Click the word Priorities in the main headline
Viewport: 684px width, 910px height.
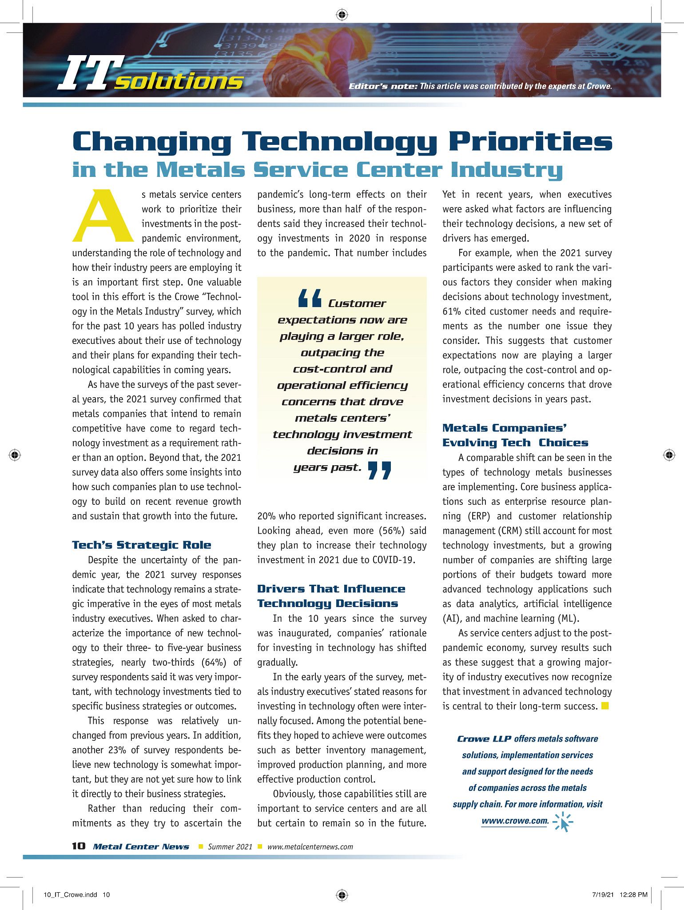pos(530,141)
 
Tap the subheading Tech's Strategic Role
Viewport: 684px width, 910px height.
pos(142,545)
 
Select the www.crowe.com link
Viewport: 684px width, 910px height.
pos(515,821)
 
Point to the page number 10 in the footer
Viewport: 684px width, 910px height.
pos(79,846)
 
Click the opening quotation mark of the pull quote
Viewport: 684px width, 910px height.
pos(310,299)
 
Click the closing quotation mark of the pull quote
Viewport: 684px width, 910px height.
pos(380,471)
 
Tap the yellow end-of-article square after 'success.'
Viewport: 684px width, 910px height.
pos(604,706)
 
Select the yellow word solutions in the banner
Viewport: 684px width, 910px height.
pos(179,81)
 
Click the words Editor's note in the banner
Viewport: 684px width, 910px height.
pos(382,86)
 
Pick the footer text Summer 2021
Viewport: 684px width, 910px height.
pos(230,846)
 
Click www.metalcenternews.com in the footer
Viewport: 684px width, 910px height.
pos(310,846)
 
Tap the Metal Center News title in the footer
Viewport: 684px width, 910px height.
pos(141,846)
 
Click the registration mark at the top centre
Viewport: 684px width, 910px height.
pos(342,15)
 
